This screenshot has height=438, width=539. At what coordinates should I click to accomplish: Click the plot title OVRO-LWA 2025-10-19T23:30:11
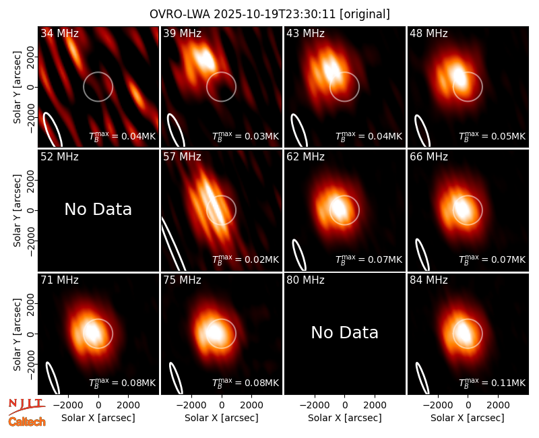[x=242, y=14]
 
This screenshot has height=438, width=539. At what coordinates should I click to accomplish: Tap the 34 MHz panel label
[x=59, y=33]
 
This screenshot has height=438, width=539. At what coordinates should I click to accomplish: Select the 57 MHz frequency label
[x=182, y=157]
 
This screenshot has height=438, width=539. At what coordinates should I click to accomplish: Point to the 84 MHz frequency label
[x=429, y=280]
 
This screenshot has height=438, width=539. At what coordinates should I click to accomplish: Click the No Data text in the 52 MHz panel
[x=98, y=210]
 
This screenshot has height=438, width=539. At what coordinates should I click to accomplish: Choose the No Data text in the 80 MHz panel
[x=344, y=333]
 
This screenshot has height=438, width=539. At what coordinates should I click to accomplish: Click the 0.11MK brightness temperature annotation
[x=493, y=382]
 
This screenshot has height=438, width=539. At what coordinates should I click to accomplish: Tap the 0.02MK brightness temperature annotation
[x=245, y=259]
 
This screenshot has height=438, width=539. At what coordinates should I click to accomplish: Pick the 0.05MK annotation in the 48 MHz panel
[x=493, y=135]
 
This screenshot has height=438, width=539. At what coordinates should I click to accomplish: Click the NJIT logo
[x=27, y=406]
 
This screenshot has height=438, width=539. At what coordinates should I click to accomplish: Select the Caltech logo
[x=27, y=422]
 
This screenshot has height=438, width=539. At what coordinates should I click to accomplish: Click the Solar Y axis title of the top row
[x=18, y=88]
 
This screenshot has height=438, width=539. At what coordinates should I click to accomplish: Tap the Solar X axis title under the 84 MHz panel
[x=468, y=418]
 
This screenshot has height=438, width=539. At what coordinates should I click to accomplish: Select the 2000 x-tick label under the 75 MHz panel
[x=251, y=405]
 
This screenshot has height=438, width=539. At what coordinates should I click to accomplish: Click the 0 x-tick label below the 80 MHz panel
[x=345, y=405]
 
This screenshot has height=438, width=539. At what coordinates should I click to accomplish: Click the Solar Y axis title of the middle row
[x=18, y=210]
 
